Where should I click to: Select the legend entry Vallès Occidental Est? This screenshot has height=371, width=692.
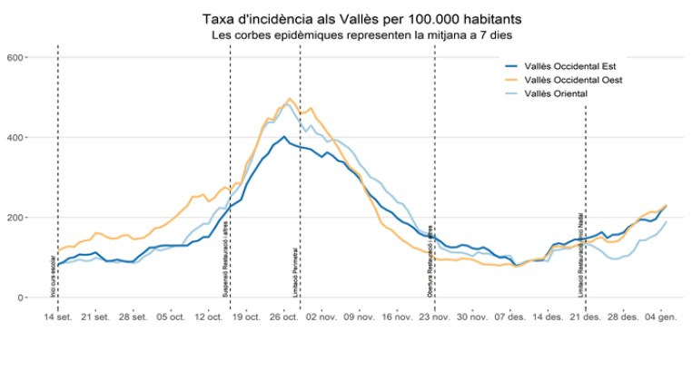[578, 67]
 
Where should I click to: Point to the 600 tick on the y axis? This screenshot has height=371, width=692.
[14, 57]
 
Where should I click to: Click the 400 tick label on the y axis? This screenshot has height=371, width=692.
[14, 137]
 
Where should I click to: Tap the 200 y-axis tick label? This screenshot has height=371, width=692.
[14, 218]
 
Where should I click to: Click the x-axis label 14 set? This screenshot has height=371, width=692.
[58, 317]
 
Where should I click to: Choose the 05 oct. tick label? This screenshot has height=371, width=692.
[172, 317]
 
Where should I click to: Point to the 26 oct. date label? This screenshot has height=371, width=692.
[284, 317]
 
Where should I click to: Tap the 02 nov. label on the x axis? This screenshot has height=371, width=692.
[322, 317]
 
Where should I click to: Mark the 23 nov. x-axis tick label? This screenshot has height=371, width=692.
[435, 317]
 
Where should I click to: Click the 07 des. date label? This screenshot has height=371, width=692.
[510, 317]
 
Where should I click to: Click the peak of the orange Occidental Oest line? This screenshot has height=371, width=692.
[290, 99]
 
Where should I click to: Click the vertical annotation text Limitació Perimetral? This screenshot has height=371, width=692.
[296, 271]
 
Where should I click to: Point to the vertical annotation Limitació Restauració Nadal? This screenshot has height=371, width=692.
[581, 255]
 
